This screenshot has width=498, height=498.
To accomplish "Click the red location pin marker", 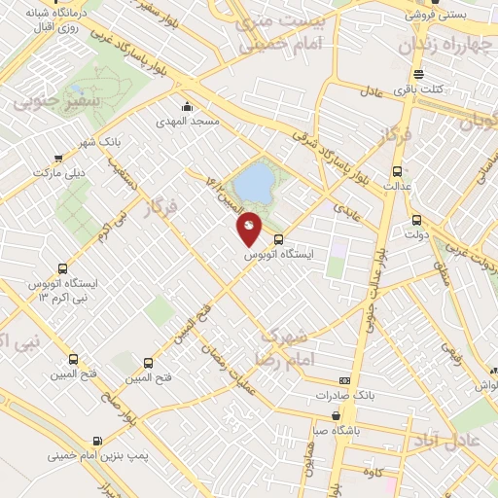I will pos(250,228).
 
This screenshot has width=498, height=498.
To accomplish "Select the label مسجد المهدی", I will pos(186,124).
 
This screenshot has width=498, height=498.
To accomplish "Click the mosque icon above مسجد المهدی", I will pos(187,107).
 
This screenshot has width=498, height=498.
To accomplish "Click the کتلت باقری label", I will pos(417,89).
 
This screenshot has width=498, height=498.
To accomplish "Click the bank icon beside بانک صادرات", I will pos(343,380).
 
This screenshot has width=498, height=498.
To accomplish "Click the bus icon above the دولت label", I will pos(417,219).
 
